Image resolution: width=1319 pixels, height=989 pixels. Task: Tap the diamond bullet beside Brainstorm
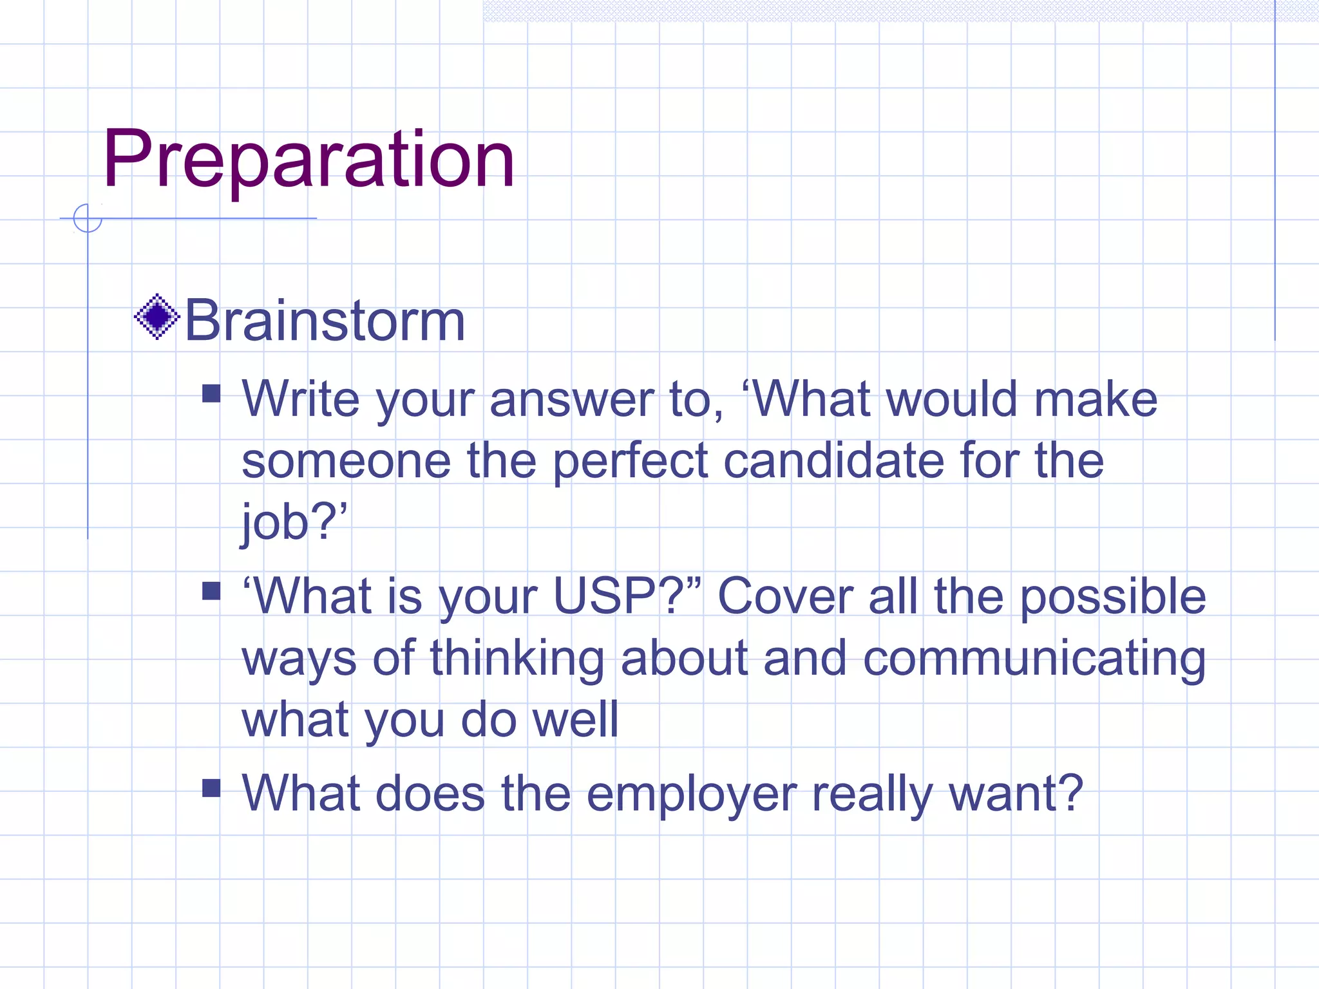click(x=157, y=316)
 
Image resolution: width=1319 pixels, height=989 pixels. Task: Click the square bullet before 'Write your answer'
click(x=211, y=393)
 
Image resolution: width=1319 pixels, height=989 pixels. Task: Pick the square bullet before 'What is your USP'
click(x=211, y=590)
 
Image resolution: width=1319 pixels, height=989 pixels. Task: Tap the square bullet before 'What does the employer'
click(x=211, y=788)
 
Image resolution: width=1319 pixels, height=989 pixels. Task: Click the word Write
click(x=300, y=399)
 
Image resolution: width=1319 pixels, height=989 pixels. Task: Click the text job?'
click(x=294, y=522)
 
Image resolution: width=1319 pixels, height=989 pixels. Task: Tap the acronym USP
click(x=607, y=596)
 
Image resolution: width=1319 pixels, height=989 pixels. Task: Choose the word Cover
click(x=785, y=596)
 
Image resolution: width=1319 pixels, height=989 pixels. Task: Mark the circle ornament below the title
click(x=88, y=218)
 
